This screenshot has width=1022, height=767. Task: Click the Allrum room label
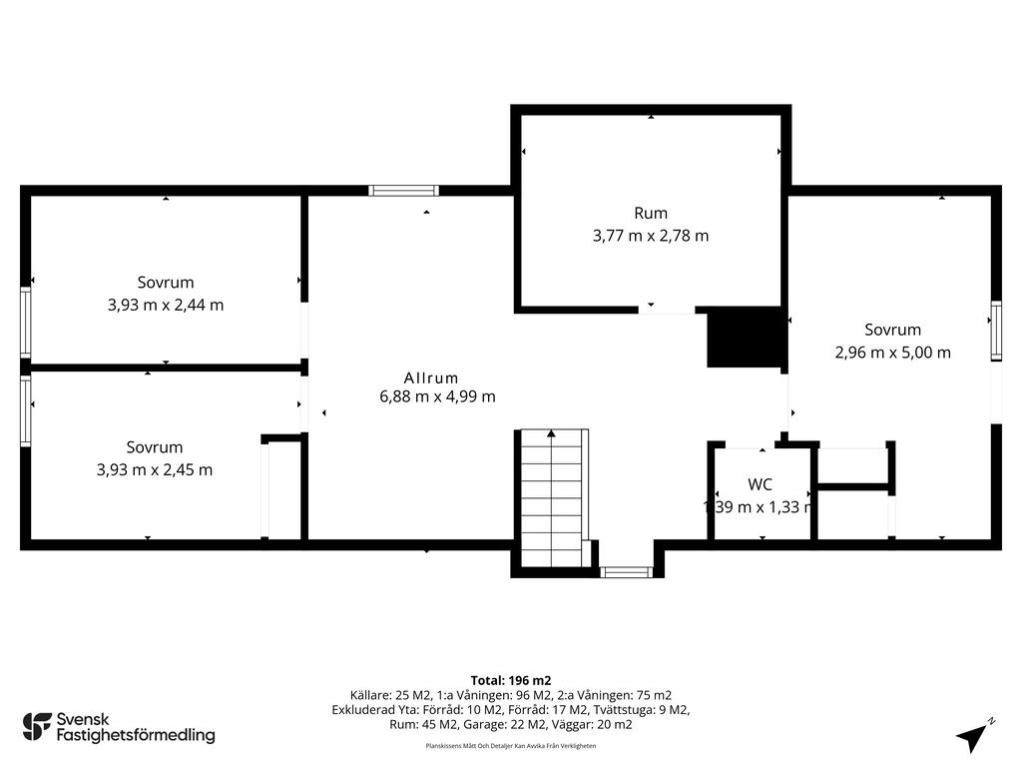(x=431, y=379)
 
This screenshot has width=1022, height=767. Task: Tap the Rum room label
(x=651, y=214)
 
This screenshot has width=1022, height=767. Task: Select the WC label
(x=760, y=484)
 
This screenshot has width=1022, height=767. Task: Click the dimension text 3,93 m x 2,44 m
(x=166, y=305)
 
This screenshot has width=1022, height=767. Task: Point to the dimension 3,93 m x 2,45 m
(x=155, y=469)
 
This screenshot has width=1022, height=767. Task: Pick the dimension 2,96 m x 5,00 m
(x=893, y=353)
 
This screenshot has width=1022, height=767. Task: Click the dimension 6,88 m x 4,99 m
(x=437, y=396)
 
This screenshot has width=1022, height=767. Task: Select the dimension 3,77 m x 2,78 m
(x=651, y=236)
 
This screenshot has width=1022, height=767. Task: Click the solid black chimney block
(x=745, y=337)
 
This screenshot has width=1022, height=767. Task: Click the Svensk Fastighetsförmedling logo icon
(x=37, y=727)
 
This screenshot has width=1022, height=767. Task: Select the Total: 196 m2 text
(x=511, y=681)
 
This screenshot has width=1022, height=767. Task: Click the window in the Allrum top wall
(x=403, y=191)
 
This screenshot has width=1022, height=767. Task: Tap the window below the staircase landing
(x=626, y=572)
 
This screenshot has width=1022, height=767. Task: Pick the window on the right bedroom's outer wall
(x=996, y=331)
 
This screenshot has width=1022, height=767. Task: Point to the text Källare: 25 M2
(x=390, y=695)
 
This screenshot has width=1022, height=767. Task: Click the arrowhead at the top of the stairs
(x=551, y=433)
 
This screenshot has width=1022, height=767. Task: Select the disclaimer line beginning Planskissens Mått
(x=511, y=745)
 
